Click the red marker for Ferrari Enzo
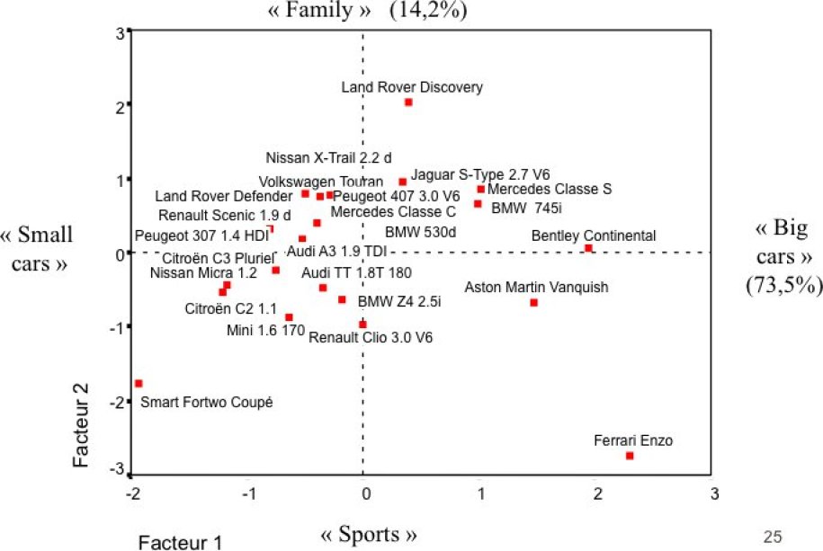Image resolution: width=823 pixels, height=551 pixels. tap(630, 456)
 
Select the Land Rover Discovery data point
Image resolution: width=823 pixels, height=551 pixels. tap(408, 102)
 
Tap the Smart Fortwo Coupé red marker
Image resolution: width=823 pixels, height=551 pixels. tap(139, 383)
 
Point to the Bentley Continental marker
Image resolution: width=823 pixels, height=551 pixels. tap(588, 248)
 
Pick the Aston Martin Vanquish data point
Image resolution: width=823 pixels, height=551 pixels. tap(533, 302)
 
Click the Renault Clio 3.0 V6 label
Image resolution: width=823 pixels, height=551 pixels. tap(371, 338)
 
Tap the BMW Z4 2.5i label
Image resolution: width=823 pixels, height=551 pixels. tap(399, 301)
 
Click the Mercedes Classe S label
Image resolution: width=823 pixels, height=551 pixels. tap(550, 189)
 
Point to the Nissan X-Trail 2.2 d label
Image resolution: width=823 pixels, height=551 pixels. tap(329, 156)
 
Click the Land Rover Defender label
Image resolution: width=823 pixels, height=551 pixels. tap(223, 196)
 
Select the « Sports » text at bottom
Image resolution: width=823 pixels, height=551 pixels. tap(369, 535)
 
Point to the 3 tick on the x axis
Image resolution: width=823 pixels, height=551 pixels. tap(714, 493)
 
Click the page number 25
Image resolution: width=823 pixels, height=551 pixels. tap(772, 538)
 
